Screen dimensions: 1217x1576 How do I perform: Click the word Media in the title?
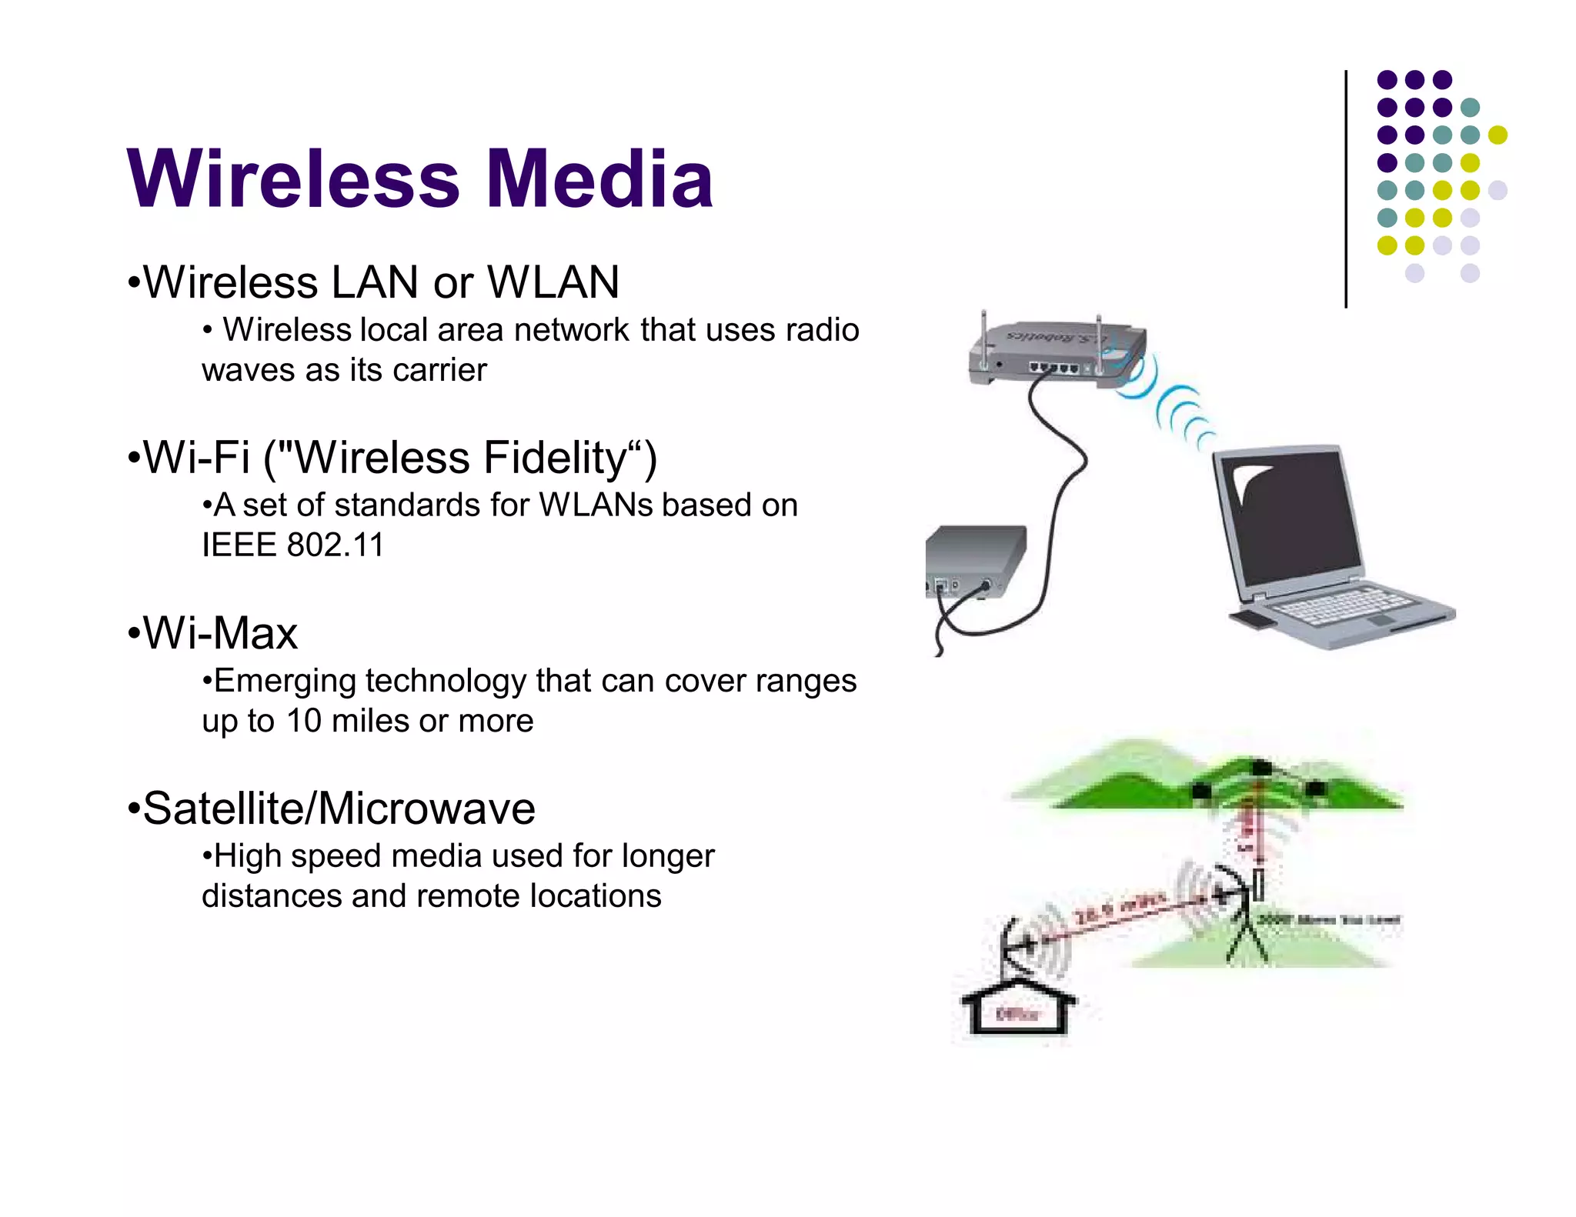pyautogui.click(x=599, y=178)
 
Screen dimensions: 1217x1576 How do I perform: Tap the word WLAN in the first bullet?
pyautogui.click(x=553, y=282)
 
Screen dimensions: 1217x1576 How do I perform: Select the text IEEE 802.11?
pyautogui.click(x=292, y=545)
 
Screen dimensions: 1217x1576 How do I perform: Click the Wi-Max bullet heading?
pyautogui.click(x=219, y=633)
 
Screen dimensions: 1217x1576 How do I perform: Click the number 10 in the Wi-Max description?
pyautogui.click(x=303, y=721)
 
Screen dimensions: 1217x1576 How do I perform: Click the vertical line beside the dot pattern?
pyautogui.click(x=1346, y=188)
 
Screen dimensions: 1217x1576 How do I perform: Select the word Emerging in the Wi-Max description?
pyautogui.click(x=284, y=681)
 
